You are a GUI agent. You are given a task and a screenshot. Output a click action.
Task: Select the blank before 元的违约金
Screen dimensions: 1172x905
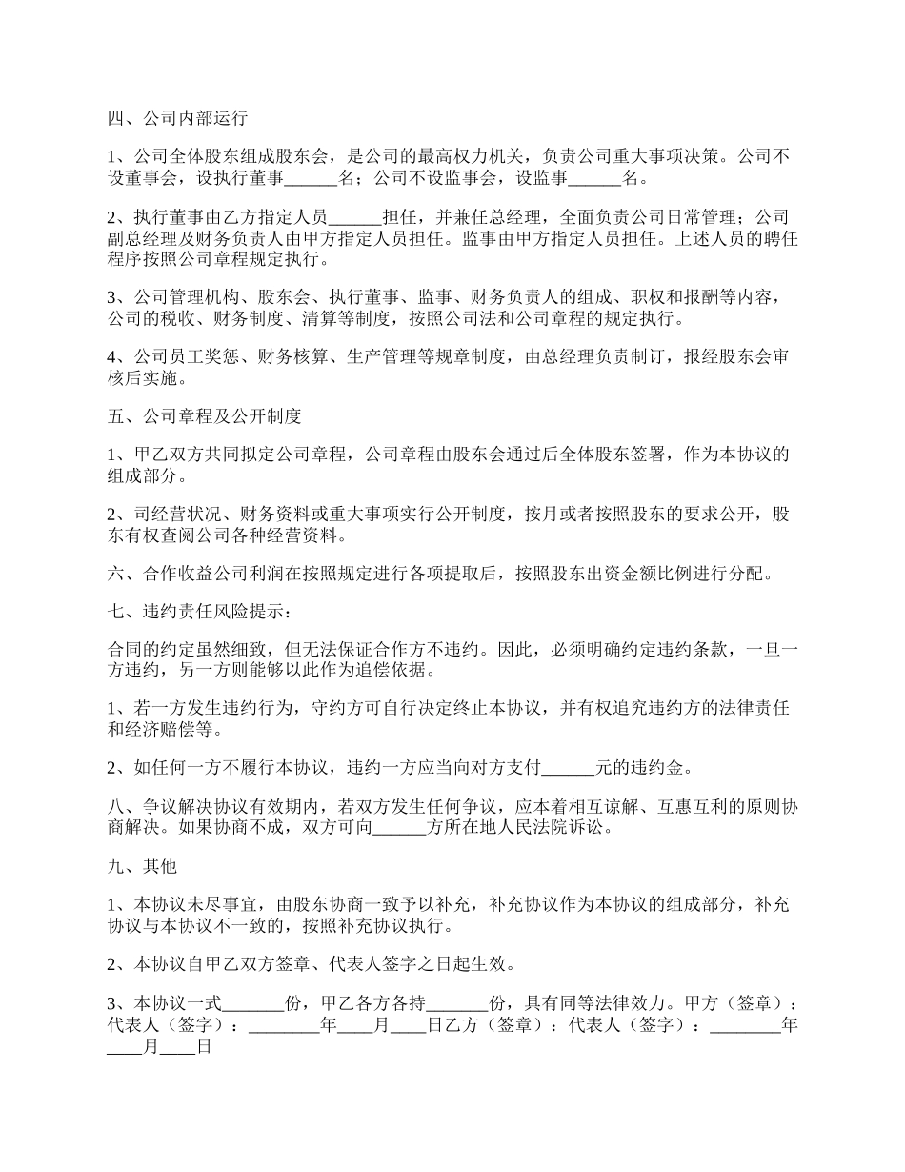(x=568, y=767)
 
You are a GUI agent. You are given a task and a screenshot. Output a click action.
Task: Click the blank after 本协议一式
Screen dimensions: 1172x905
(x=252, y=1003)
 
